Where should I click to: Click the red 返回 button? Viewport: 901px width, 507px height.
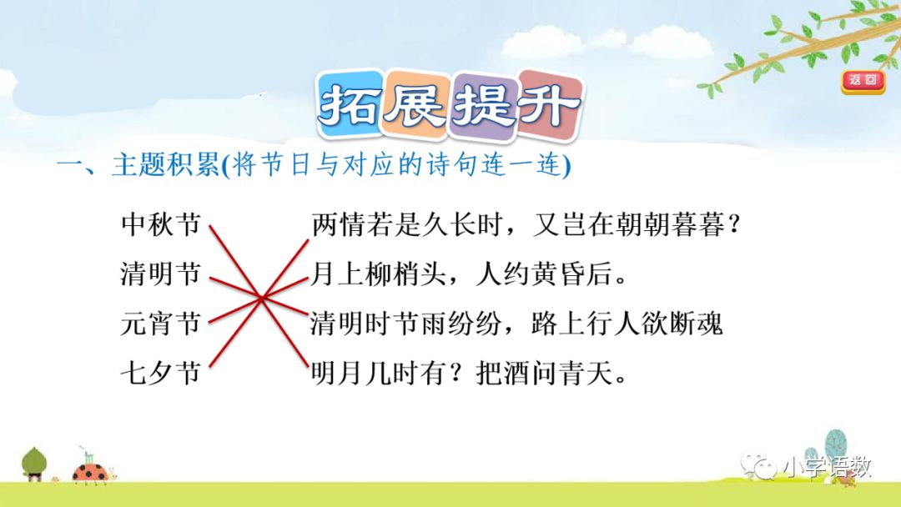click(863, 81)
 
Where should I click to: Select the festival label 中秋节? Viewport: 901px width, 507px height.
click(161, 225)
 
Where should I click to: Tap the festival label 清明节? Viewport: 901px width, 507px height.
click(161, 274)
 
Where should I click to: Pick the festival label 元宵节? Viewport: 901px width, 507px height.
click(161, 323)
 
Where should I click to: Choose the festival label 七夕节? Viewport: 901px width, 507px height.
click(161, 372)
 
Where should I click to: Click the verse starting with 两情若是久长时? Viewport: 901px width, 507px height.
click(526, 225)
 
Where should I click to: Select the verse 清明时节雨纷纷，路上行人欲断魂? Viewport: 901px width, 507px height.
click(516, 323)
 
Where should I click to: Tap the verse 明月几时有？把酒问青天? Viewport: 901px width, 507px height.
click(469, 372)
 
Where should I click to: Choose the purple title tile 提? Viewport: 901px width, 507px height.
click(481, 108)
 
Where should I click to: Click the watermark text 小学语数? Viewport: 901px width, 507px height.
click(827, 469)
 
